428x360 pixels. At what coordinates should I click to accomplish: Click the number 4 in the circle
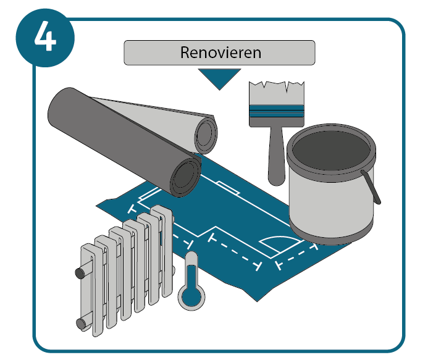tap(45, 36)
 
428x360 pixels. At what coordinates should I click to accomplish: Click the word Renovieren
tap(220, 52)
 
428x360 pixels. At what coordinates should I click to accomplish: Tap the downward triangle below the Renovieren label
tap(219, 78)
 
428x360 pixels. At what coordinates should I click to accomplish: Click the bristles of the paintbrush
tap(277, 93)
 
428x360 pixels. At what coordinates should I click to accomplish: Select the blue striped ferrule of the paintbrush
tap(277, 111)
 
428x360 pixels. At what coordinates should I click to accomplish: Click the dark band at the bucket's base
tap(331, 234)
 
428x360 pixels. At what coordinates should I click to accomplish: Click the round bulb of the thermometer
tap(191, 297)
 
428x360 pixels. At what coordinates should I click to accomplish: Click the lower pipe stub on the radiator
tap(81, 324)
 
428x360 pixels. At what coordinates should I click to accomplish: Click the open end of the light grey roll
tap(207, 135)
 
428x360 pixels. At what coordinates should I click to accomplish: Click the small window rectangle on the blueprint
tap(228, 188)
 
